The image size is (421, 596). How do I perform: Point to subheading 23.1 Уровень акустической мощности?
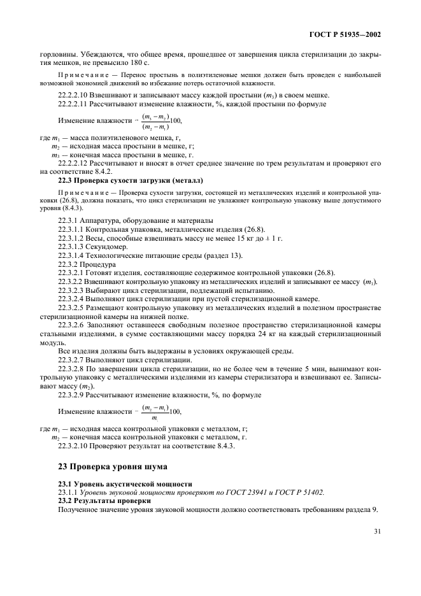pos(115,484)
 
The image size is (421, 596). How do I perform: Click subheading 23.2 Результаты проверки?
pos(99,501)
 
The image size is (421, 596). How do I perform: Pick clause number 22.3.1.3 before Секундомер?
pos(74,246)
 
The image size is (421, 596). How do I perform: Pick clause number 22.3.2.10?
pos(75,446)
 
